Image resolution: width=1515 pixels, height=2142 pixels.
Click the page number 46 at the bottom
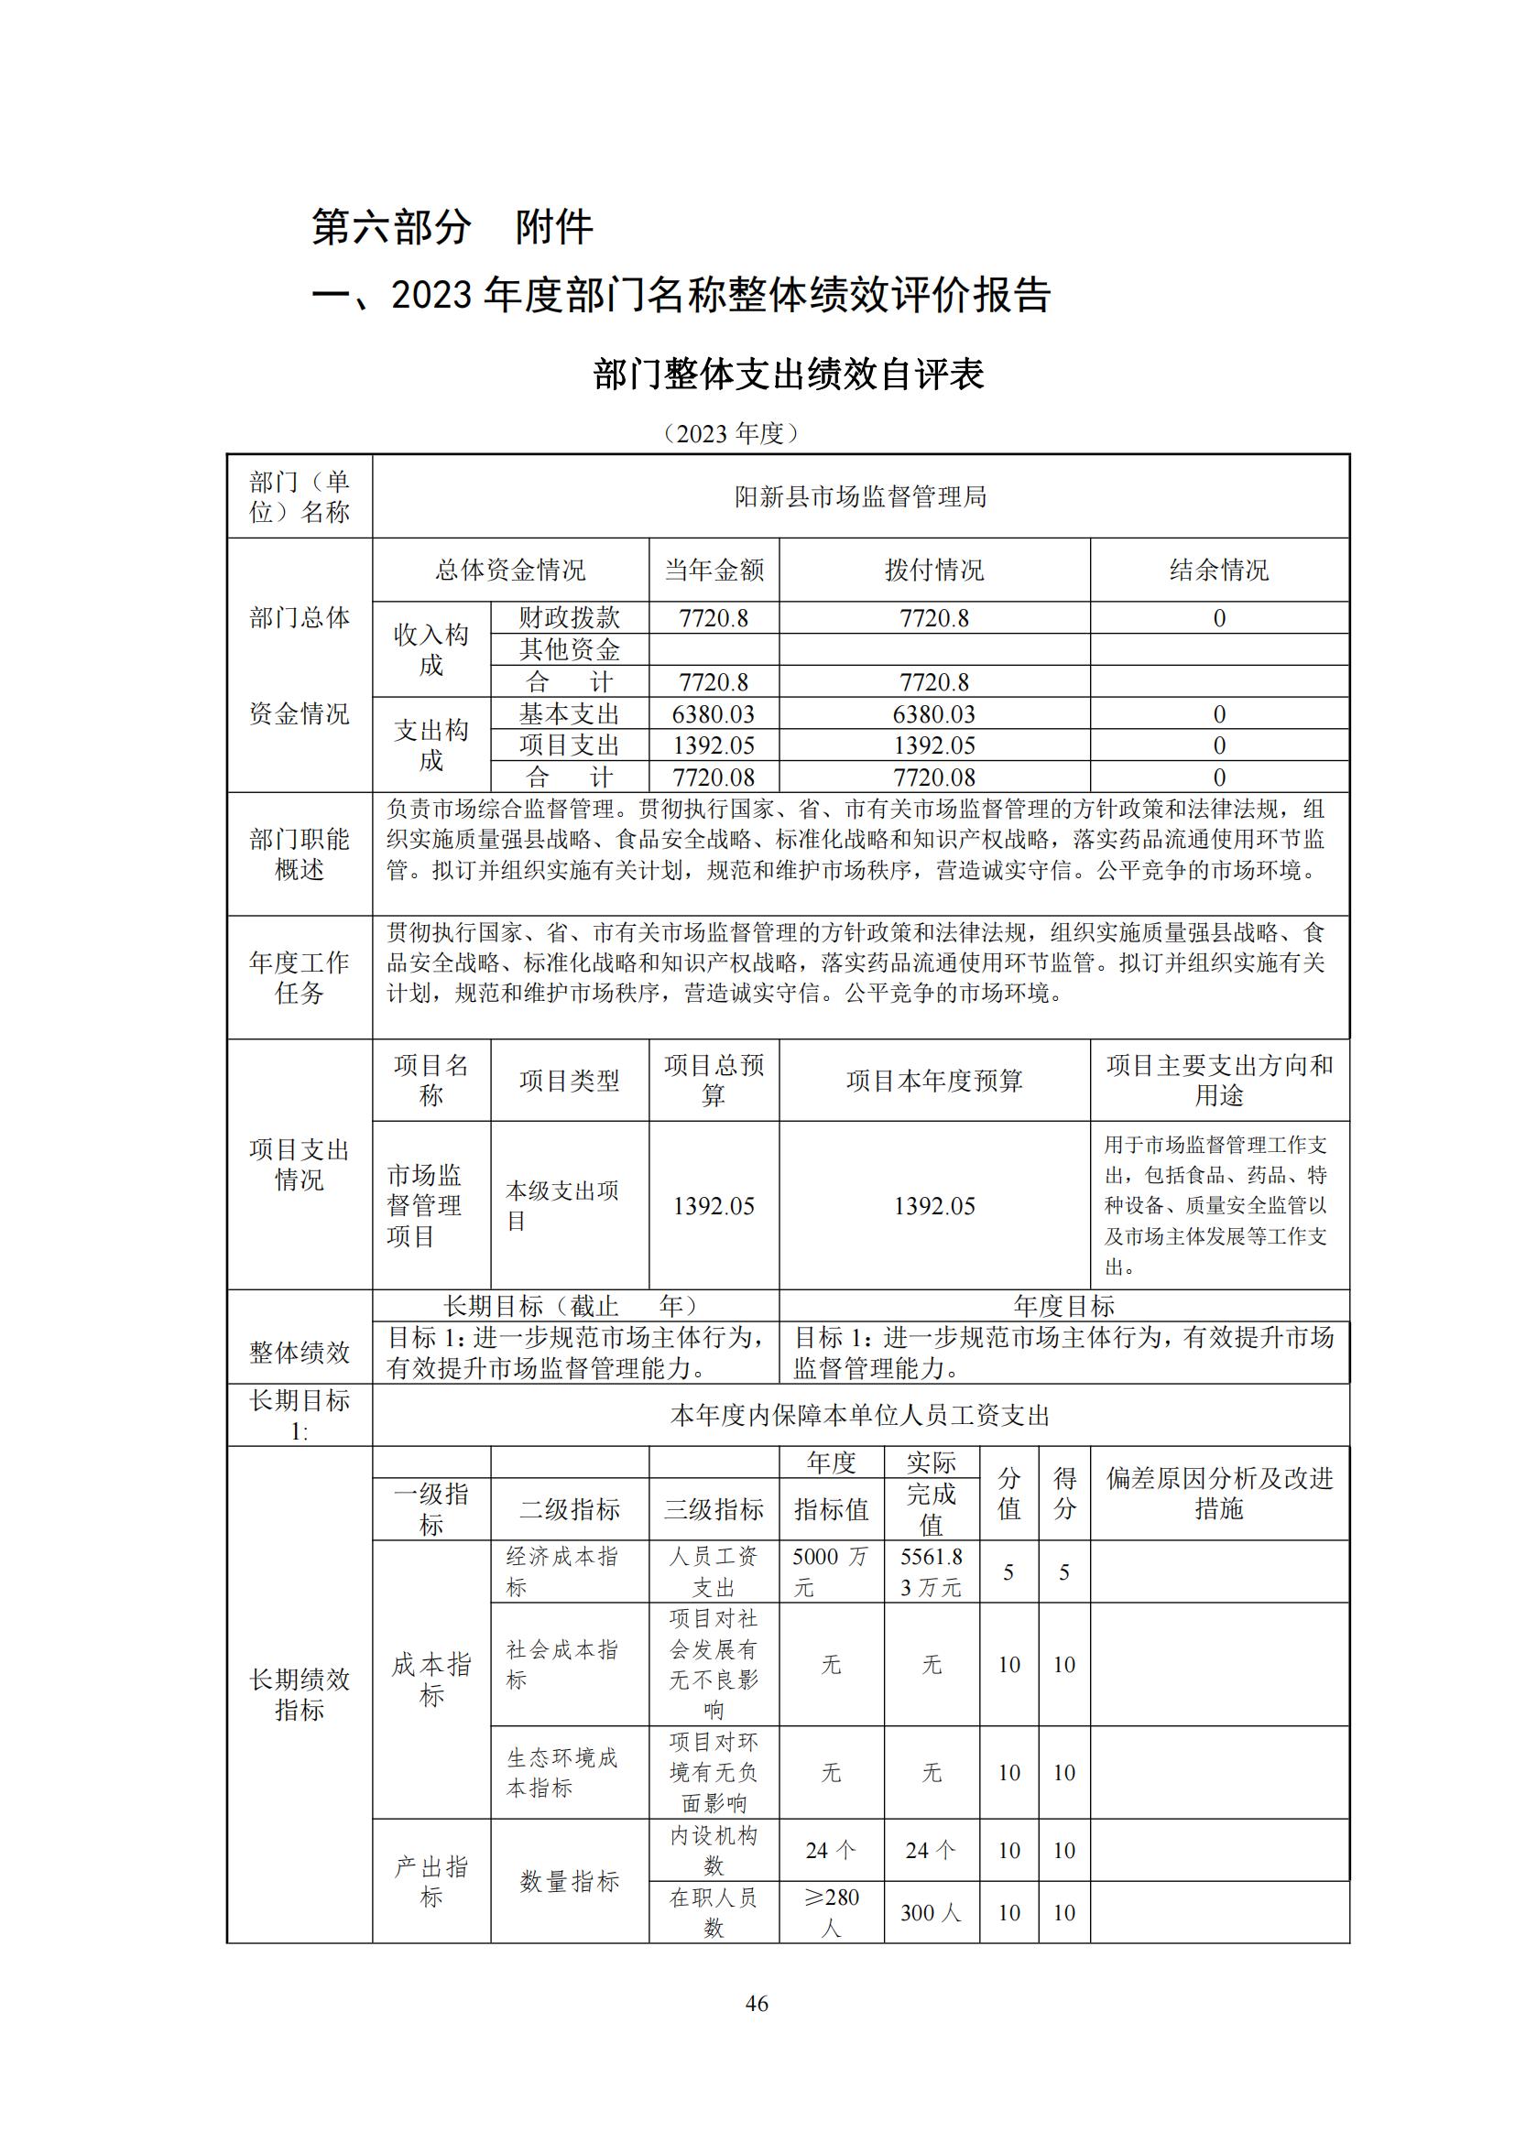click(x=757, y=2003)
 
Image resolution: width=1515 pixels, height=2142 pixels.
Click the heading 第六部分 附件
click(x=452, y=228)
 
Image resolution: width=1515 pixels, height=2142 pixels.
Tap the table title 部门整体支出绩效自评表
click(x=789, y=375)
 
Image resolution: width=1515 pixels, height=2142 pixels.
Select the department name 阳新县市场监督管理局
click(x=860, y=497)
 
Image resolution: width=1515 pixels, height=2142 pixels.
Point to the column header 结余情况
click(x=1218, y=570)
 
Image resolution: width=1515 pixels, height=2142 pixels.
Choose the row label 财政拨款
click(x=569, y=617)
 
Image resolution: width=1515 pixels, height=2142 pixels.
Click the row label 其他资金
click(x=569, y=649)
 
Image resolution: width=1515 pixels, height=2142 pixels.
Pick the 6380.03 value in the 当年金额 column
click(x=714, y=713)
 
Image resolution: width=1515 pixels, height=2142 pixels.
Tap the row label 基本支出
click(x=569, y=713)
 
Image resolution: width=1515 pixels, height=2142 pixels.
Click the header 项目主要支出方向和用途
click(x=1218, y=1081)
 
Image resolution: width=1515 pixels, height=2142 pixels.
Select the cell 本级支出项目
click(x=562, y=1205)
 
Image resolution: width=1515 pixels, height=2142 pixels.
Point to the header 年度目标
click(x=1063, y=1305)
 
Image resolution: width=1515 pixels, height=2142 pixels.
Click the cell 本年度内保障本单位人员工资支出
click(x=860, y=1415)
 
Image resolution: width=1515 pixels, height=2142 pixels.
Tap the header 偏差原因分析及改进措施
click(x=1218, y=1494)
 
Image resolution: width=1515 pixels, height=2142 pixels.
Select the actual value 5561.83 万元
click(x=931, y=1572)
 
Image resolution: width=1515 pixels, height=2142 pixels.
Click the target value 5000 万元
click(x=830, y=1572)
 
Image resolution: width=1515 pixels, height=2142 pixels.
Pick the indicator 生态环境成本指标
click(x=562, y=1773)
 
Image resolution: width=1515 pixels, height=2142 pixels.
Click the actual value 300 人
click(x=931, y=1912)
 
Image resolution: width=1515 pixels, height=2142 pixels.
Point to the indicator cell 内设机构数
click(x=714, y=1850)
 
